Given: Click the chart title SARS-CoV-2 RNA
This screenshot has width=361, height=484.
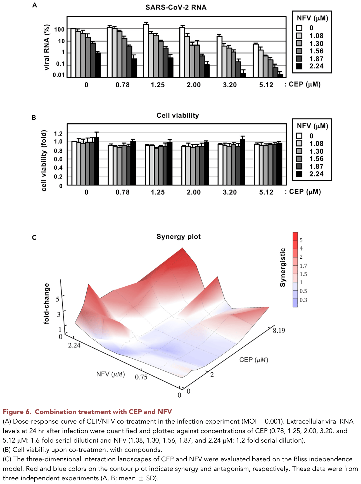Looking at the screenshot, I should coord(176,8).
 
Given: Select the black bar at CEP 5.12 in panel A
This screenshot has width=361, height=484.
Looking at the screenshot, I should coord(281,76).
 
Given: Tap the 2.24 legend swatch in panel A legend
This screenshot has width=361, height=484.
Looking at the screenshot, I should coord(299,66).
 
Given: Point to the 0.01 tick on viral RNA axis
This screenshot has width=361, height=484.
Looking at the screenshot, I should coord(58,75).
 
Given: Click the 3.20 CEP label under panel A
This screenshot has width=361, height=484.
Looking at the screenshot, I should coord(230,85).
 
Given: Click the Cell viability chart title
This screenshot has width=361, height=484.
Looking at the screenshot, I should coord(177,116).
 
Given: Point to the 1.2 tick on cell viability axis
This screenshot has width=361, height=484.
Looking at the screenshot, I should coord(58,133).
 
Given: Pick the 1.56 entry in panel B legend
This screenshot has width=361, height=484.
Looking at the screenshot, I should coord(316,159).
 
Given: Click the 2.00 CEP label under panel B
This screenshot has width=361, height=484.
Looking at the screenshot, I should coord(193,192).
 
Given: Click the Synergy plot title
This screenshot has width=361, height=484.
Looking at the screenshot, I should coord(178,237).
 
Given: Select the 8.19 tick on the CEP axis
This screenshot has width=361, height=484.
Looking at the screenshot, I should coord(279,331).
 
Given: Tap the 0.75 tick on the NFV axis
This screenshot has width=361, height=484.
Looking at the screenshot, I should coord(141,377).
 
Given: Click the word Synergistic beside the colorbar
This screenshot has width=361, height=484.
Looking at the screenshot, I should coord(283,267).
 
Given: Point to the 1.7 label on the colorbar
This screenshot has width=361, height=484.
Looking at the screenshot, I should coord(303,266).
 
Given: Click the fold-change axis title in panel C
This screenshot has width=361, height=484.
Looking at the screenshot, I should coord(46,304).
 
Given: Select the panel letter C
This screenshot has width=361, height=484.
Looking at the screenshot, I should coord(34,238).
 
